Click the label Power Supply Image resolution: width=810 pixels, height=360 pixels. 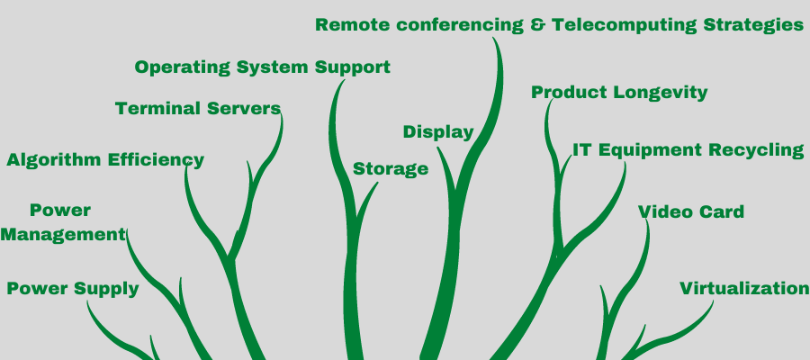73,289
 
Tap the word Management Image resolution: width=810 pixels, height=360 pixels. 62,235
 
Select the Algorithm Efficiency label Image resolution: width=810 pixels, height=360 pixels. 105,161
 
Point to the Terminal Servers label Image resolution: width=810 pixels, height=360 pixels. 198,109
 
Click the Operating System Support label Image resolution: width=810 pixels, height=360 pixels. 262,67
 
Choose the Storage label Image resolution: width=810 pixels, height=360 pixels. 391,169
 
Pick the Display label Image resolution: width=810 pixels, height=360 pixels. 437,132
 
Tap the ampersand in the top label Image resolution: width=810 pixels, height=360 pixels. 538,25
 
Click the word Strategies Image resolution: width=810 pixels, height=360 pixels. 759,25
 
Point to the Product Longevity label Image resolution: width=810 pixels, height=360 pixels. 619,93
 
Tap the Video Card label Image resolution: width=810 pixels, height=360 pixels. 691,212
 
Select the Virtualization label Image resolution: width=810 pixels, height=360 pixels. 744,289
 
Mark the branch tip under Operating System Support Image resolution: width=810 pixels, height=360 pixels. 342,82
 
